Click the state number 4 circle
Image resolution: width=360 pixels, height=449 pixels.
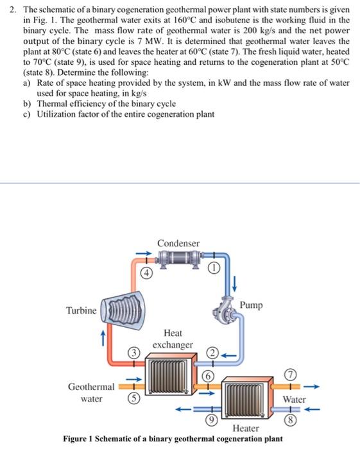click(x=147, y=271)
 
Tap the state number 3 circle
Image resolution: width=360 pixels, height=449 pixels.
click(x=133, y=352)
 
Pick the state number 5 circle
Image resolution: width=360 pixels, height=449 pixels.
click(x=133, y=396)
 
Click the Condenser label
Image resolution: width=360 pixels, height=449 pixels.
click(x=178, y=243)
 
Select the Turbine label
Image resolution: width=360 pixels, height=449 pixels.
click(x=81, y=310)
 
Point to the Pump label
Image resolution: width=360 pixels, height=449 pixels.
click(x=251, y=305)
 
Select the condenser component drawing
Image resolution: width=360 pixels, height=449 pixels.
click(x=178, y=259)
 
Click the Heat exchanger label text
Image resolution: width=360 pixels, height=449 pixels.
click(x=173, y=339)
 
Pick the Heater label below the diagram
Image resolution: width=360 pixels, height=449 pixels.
click(x=246, y=428)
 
